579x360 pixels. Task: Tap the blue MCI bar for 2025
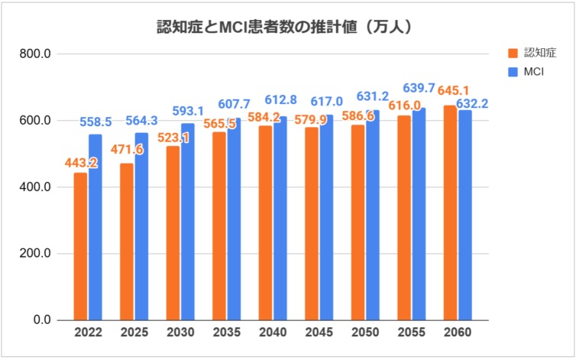141,226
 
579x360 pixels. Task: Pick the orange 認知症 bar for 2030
173,232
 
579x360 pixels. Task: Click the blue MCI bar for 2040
280,218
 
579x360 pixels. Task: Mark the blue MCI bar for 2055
419,213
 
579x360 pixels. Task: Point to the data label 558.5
95,122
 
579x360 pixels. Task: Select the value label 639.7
419,88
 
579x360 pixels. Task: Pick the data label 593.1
189,109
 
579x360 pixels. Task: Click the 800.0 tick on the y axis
36,54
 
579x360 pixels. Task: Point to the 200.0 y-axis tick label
36,254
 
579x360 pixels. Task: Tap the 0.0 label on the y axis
40,320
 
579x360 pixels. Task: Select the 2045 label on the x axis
319,334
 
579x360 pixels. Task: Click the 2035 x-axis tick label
226,334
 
